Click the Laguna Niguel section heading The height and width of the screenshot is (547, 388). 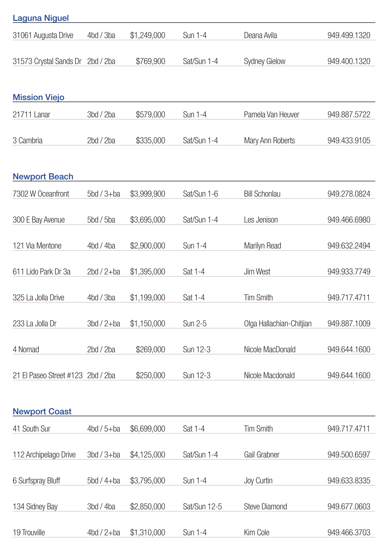tap(41, 18)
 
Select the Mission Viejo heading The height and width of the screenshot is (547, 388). tap(39, 97)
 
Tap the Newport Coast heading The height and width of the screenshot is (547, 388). tap(42, 412)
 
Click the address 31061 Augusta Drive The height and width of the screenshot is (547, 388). tap(43, 35)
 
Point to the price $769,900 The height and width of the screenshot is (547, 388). tap(150, 61)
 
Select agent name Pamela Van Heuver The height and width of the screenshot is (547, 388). tap(271, 115)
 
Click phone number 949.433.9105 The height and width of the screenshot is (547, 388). tap(349, 141)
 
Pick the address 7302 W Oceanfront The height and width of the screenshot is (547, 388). tap(41, 194)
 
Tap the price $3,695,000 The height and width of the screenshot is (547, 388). tap(147, 220)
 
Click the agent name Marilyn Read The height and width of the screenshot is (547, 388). tap(262, 246)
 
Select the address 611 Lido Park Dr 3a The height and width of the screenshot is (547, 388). tap(41, 272)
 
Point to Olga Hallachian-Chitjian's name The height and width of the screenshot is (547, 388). tap(277, 324)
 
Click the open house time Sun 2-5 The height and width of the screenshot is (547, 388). tap(195, 324)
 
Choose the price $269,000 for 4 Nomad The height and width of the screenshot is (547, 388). tap(150, 350)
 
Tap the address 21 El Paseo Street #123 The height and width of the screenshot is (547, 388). tap(48, 376)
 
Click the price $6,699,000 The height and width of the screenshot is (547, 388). tap(147, 429)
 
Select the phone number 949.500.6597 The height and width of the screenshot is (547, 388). tap(349, 455)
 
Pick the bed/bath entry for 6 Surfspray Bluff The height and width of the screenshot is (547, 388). tap(104, 481)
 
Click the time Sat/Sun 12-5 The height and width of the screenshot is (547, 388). tap(202, 507)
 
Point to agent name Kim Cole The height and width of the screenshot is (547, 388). tap(256, 533)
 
